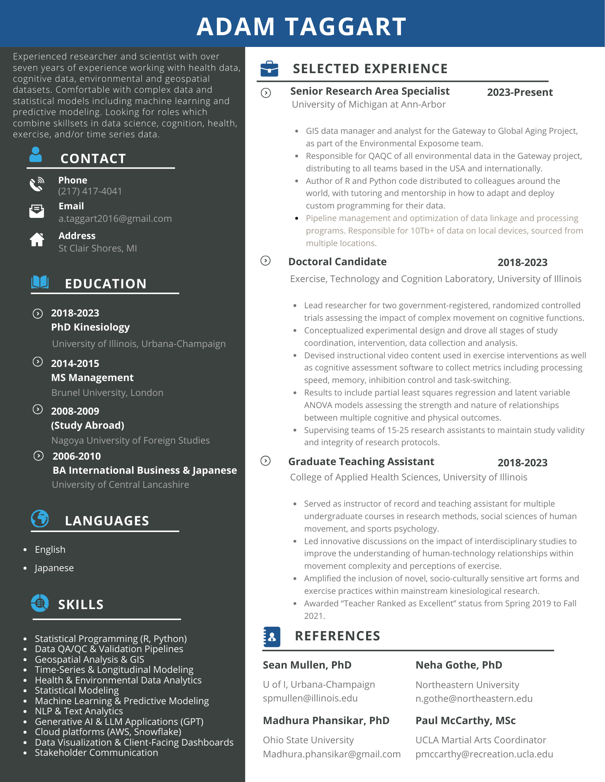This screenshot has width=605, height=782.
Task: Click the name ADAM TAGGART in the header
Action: point(302,27)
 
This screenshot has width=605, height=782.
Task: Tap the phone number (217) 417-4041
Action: point(90,191)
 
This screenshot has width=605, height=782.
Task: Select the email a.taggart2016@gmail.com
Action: point(115,219)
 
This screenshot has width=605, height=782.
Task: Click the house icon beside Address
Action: point(37,239)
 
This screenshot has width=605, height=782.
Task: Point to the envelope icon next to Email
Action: point(37,211)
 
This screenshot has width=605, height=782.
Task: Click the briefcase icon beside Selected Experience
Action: point(269,69)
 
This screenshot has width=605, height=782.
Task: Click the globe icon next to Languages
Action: point(40,519)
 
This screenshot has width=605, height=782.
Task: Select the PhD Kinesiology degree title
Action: point(90,327)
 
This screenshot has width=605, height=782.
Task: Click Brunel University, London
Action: point(107,393)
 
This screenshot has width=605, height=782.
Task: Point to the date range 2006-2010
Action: point(77,456)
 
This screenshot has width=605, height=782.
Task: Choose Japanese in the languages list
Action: point(54,568)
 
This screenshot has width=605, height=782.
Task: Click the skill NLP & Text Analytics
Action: point(79,711)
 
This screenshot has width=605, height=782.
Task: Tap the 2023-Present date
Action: point(520,92)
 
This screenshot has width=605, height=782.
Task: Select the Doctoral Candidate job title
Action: point(338,262)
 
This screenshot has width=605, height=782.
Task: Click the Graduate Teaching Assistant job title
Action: point(361,462)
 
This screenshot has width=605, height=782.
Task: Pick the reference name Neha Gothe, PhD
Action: point(459,665)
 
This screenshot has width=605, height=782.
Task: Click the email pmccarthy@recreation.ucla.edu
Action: point(484,754)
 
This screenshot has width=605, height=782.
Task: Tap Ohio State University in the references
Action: point(308,740)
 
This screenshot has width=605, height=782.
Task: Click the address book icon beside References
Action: point(272,636)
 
